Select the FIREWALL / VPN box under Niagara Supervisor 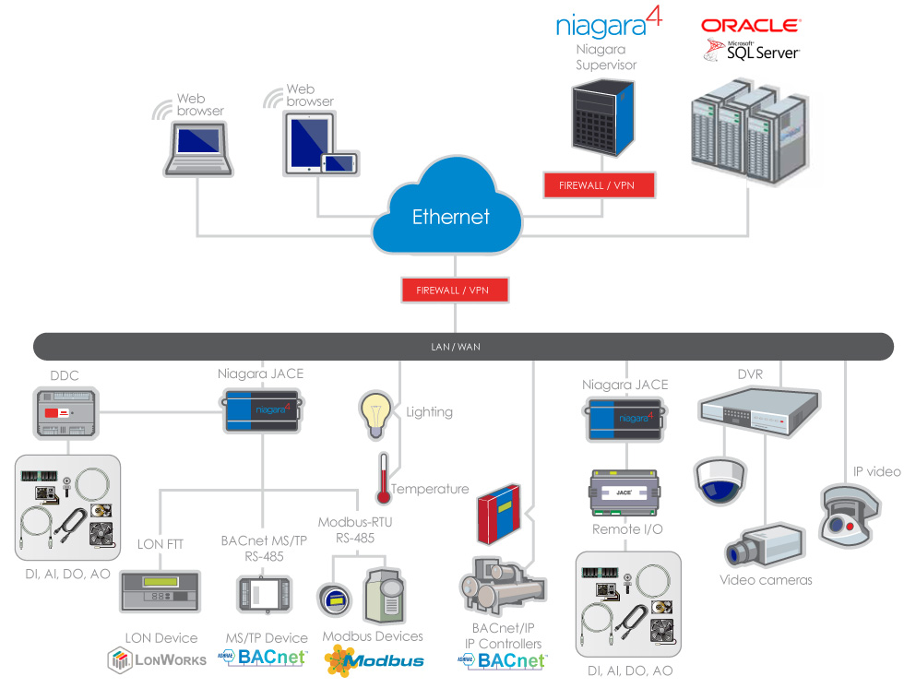(x=601, y=185)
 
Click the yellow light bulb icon (x=375, y=413)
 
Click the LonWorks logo (x=157, y=659)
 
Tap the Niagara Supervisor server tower (x=602, y=115)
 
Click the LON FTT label (x=161, y=544)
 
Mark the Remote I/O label (x=627, y=529)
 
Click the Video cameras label (x=766, y=580)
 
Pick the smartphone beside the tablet (x=338, y=162)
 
